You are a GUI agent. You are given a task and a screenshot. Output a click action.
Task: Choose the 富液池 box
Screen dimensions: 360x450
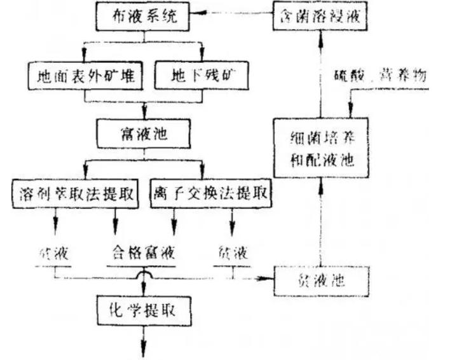[144, 134]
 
